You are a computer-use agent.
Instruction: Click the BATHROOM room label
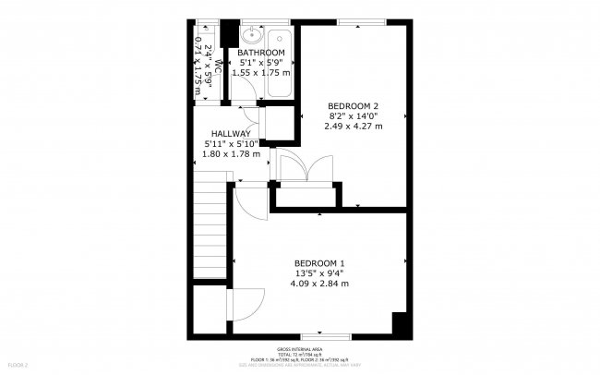tap(260, 53)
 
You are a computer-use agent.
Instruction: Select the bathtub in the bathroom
tap(279, 64)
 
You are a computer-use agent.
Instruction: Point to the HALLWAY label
tap(230, 133)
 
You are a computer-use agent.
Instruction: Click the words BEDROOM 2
tap(353, 106)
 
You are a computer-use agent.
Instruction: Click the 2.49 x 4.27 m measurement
tap(353, 126)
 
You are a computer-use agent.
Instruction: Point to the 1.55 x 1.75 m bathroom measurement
tap(260, 72)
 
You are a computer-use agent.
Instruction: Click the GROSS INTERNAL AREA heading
tap(299, 349)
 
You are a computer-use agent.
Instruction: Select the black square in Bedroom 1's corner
tap(401, 325)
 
